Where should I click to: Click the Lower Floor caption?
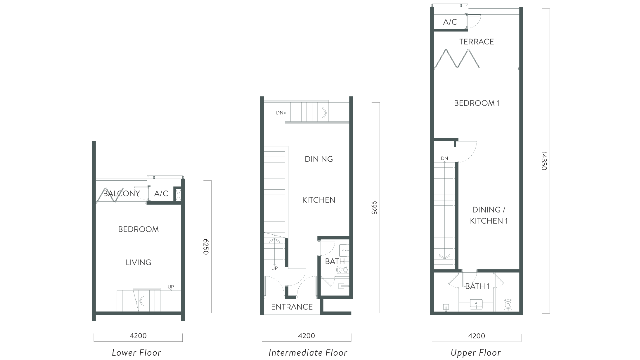point(136,353)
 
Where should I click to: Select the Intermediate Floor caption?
point(308,353)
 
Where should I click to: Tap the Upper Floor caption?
point(476,353)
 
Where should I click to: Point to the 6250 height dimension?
point(206,247)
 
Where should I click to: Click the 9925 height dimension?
point(374,208)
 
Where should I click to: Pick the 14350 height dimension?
point(544,161)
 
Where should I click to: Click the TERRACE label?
point(476,42)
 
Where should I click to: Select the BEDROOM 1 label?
point(477,103)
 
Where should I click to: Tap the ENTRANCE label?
point(292,307)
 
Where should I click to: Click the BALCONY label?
point(121,194)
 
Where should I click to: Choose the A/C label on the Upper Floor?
point(450,22)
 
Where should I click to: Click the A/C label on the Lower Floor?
point(161,194)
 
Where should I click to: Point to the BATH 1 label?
point(477,286)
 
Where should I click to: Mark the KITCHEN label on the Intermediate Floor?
point(319,200)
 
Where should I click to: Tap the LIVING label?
point(138,263)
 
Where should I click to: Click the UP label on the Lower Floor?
point(171,287)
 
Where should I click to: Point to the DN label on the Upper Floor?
point(444,158)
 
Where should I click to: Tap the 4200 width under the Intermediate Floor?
point(306,336)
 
